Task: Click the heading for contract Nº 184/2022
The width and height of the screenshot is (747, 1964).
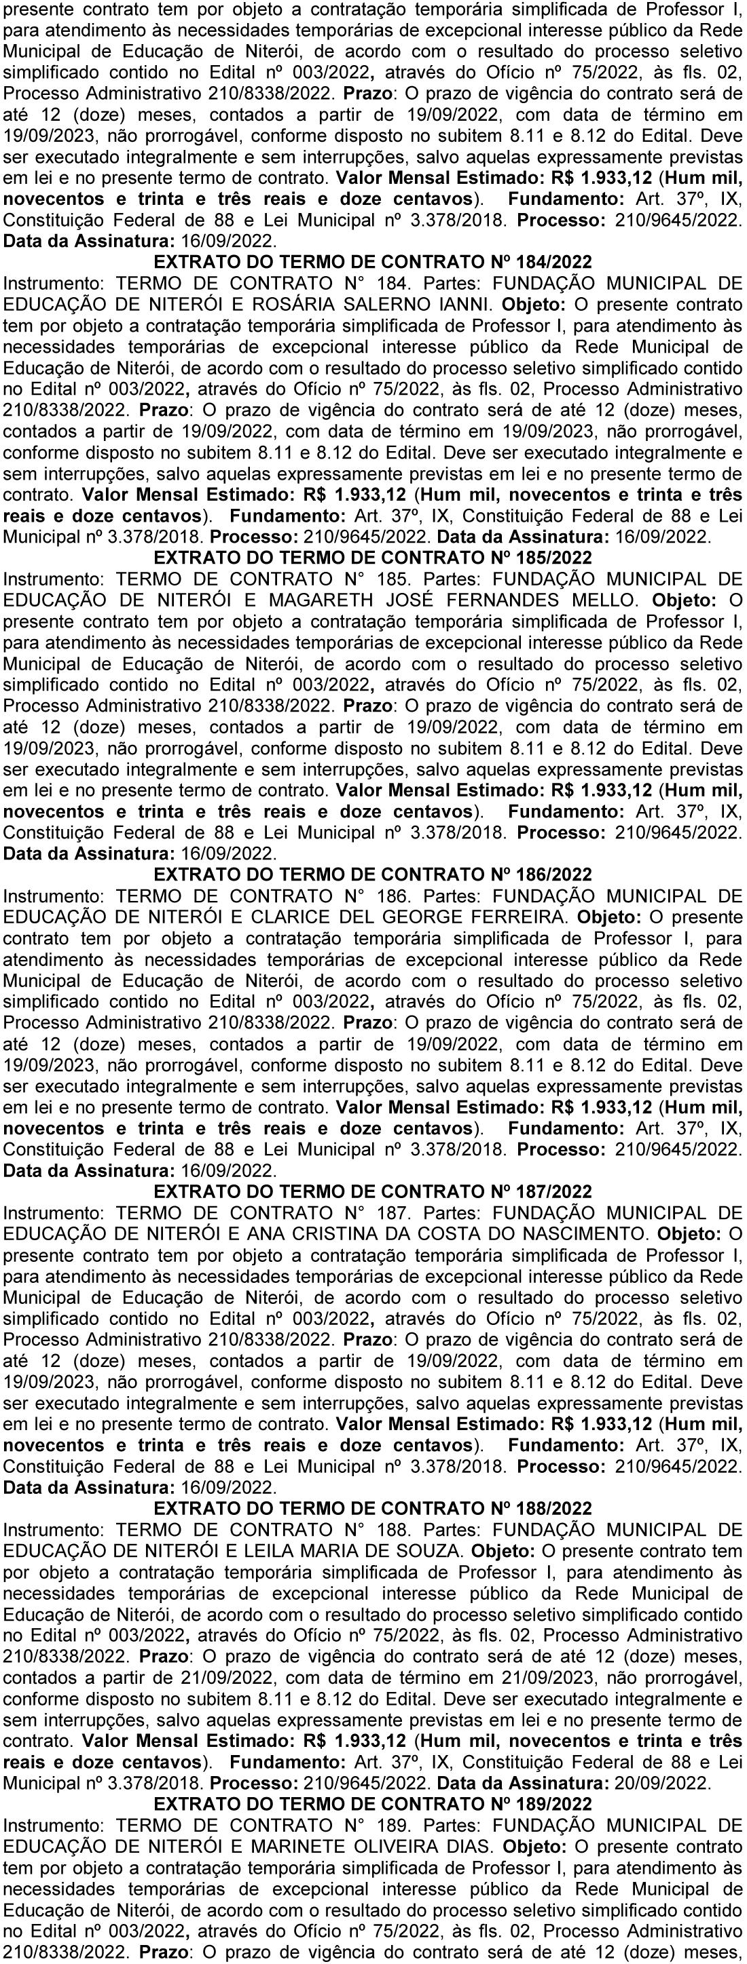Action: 372,261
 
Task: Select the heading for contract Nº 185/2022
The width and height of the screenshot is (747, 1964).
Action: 372,558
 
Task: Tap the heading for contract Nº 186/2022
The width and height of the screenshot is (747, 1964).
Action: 372,874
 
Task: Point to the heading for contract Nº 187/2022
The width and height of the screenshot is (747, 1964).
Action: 372,1191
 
